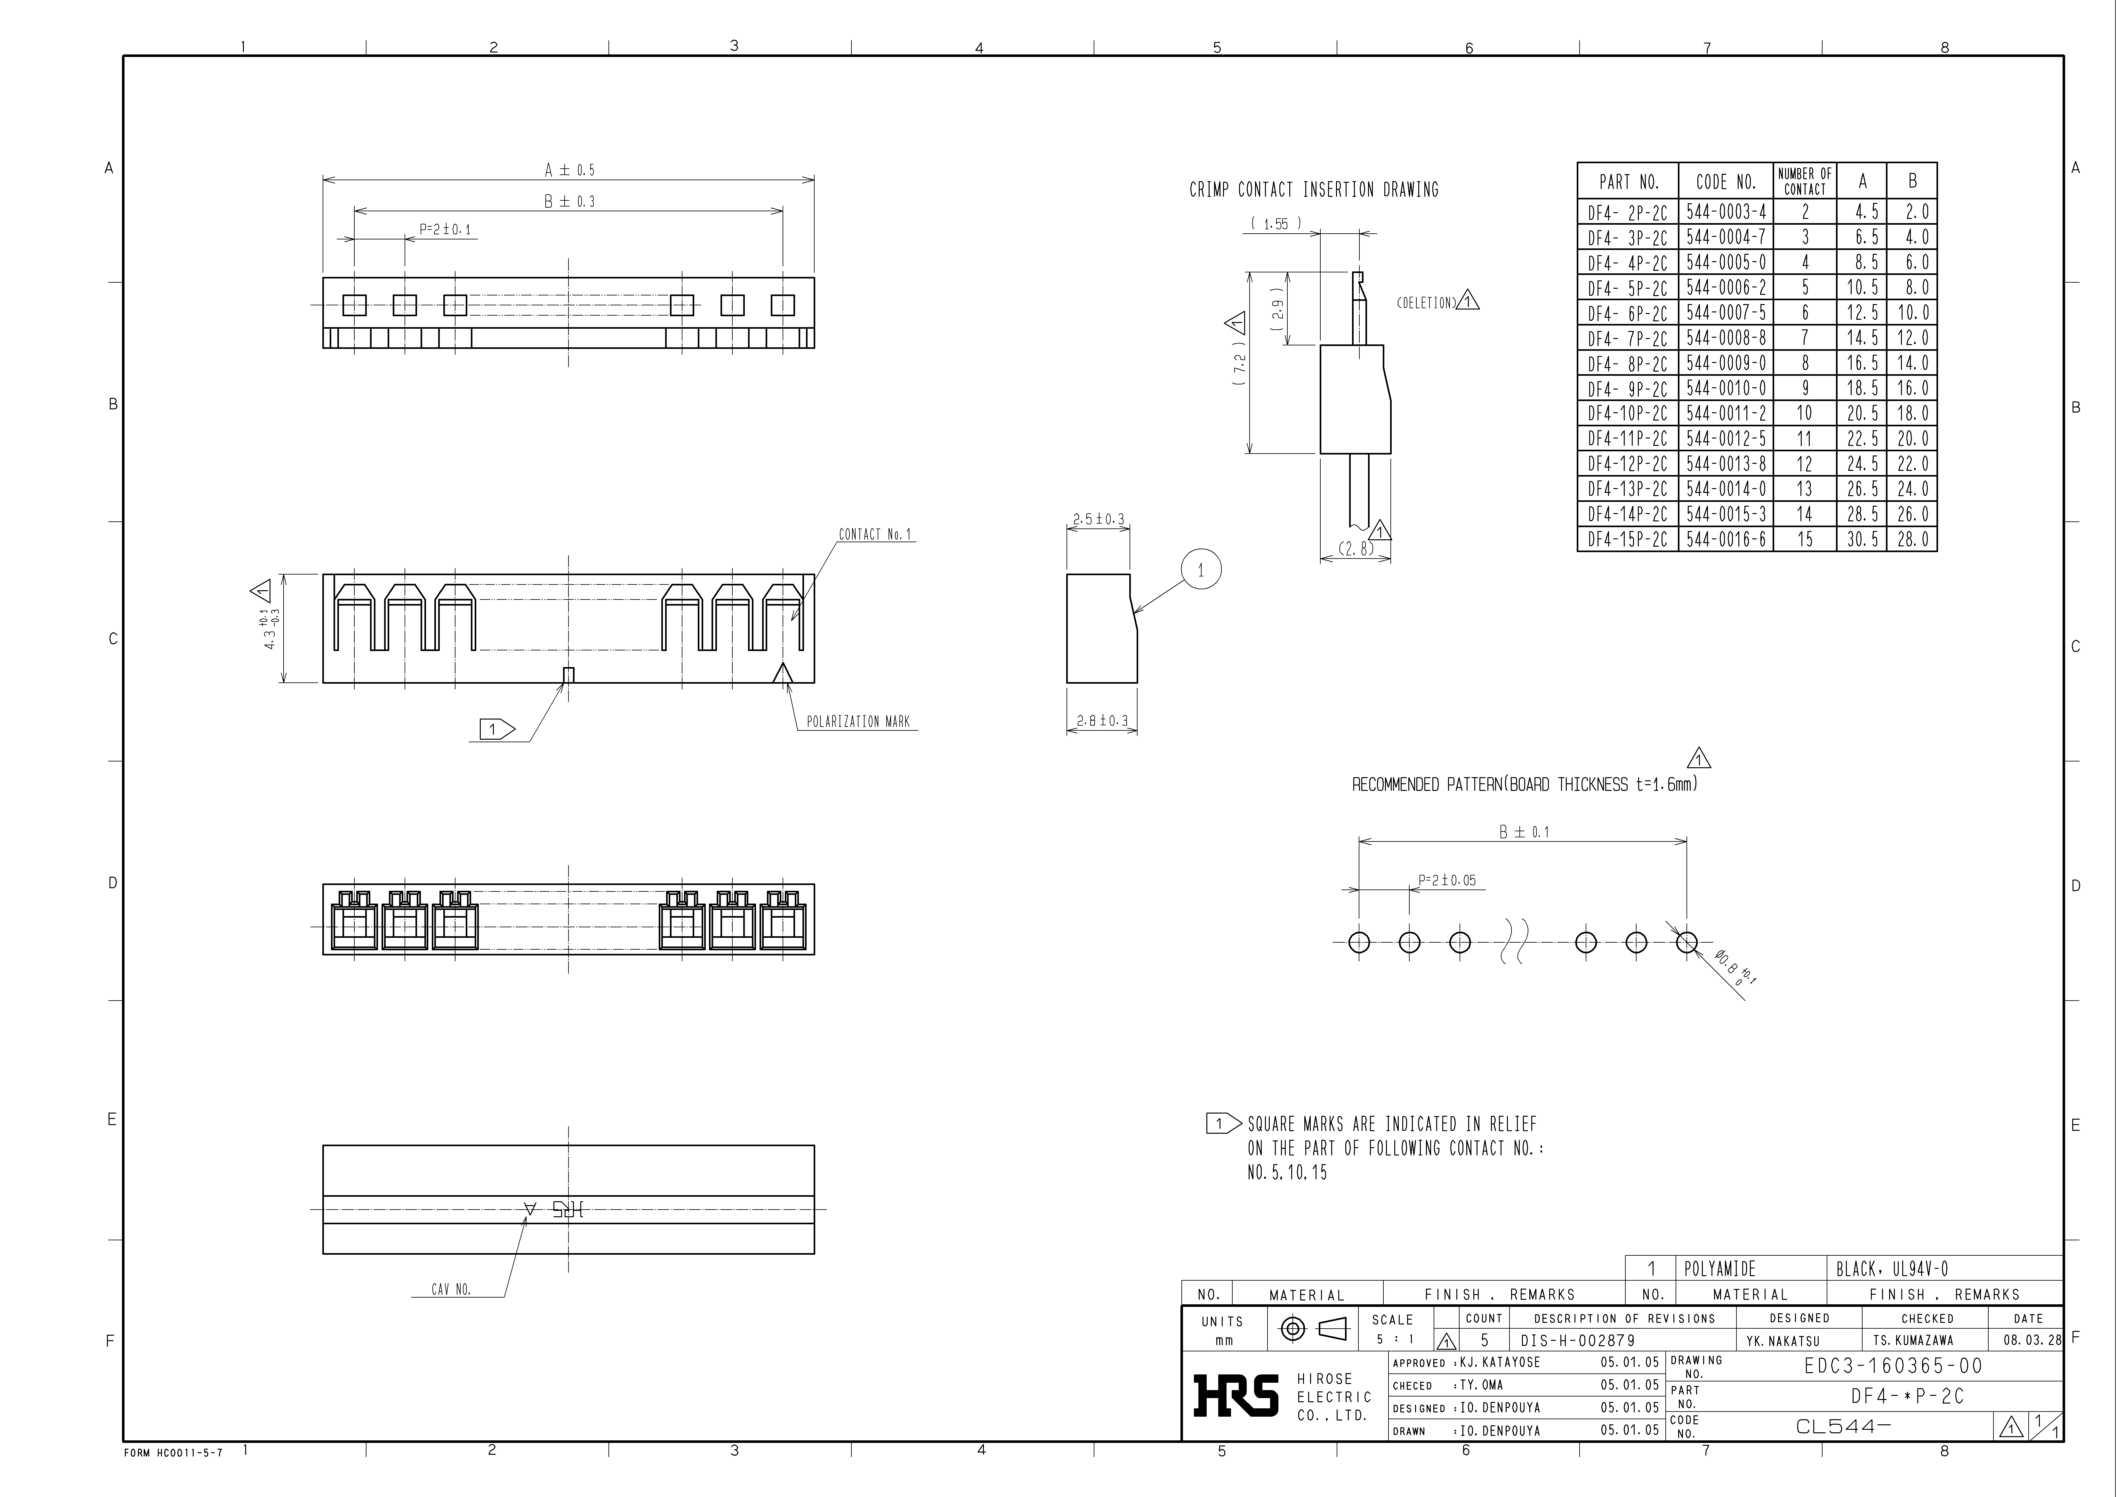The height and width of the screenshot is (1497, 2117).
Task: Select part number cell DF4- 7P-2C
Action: coord(1627,338)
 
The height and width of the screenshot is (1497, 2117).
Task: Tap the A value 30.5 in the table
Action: coord(1862,539)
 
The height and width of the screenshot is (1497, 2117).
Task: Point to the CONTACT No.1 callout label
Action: coord(874,535)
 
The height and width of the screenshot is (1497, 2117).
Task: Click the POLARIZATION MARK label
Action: coord(857,722)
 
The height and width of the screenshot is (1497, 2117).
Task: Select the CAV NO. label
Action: coord(451,1290)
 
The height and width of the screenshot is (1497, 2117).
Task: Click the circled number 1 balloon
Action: coord(1201,571)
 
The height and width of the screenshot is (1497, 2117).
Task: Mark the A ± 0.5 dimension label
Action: coord(569,171)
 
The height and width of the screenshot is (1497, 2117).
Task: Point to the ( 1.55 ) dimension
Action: coord(1276,224)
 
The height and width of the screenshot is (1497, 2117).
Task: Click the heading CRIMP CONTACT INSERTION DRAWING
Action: coord(1313,190)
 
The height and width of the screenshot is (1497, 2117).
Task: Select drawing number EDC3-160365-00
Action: coord(1892,1366)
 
